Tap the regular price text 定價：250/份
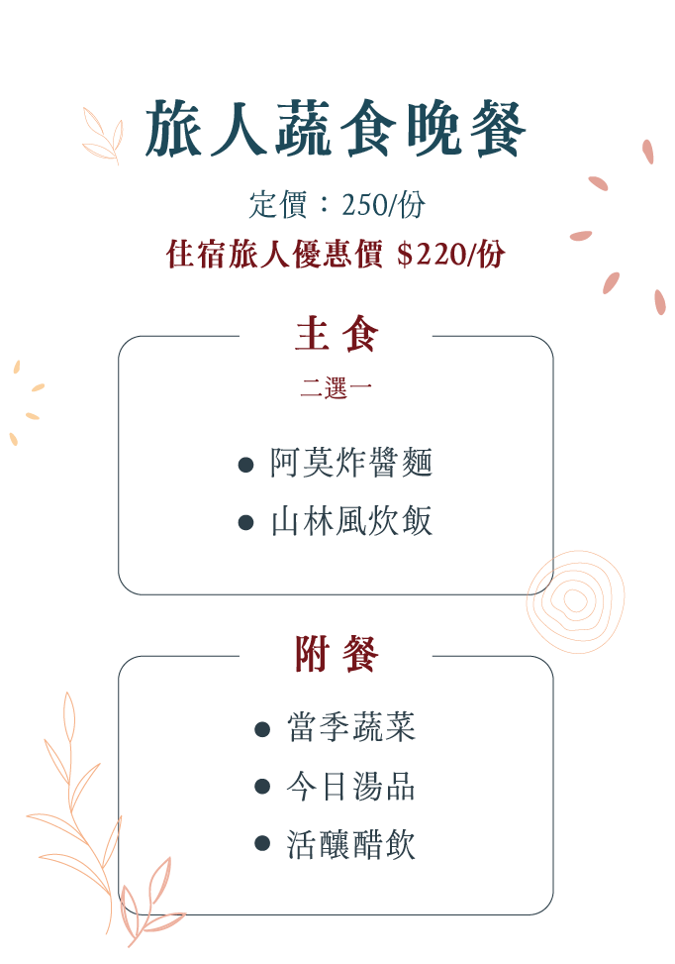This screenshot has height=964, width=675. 337,205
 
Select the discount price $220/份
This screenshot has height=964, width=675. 450,255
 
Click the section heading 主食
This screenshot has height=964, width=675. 336,335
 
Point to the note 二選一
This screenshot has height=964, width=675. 336,389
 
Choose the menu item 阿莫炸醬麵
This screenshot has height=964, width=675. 351,464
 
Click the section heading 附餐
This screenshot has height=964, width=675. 336,655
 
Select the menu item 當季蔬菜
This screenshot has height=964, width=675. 351,728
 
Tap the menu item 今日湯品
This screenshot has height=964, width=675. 351,787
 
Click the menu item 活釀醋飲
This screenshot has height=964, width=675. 351,844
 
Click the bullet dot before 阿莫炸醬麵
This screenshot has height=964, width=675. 246,465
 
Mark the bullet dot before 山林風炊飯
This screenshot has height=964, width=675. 246,523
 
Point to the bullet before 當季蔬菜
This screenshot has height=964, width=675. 262,729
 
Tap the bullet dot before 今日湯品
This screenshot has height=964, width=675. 262,787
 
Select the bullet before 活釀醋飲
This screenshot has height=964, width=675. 262,844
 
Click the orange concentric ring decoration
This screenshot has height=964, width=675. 574,600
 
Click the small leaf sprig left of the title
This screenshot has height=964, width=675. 102,137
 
